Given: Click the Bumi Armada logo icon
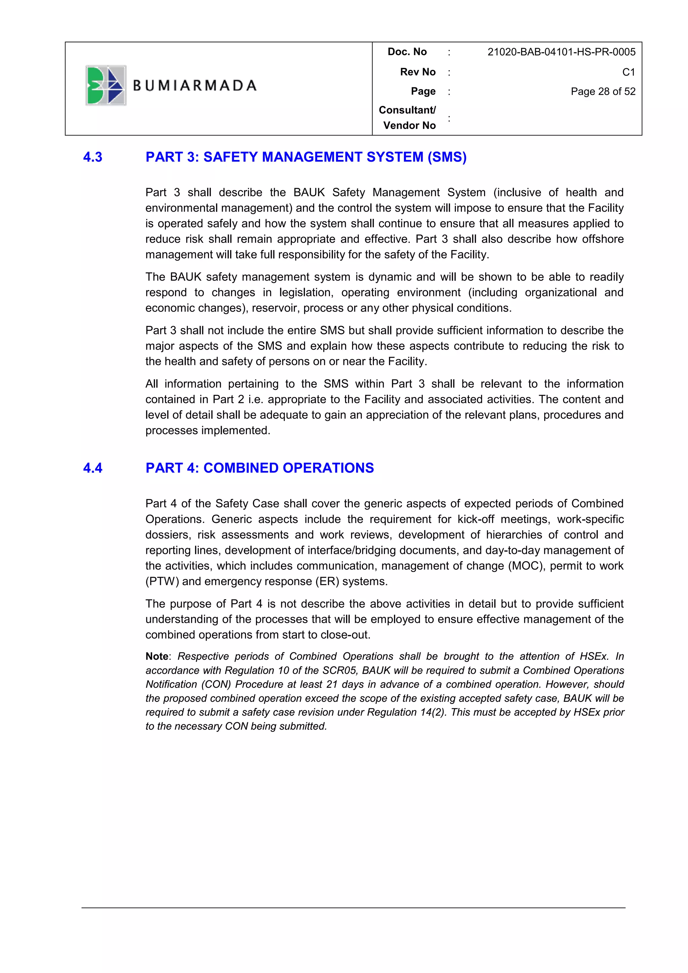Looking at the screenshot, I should (105, 85).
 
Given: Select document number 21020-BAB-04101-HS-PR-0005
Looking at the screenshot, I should (561, 52).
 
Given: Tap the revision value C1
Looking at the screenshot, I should (628, 72).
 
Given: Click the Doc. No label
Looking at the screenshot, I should (407, 52).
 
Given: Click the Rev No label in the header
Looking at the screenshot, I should (417, 72).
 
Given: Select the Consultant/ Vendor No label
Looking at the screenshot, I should (407, 117).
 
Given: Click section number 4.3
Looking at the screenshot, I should (92, 157).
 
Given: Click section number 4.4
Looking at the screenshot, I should (92, 468).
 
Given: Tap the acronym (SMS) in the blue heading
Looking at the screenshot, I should (446, 157).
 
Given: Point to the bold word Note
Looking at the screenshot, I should (157, 656).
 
